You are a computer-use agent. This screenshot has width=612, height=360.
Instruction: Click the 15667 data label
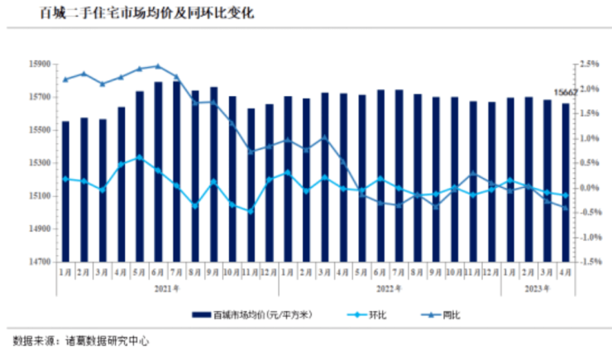pyautogui.click(x=565, y=92)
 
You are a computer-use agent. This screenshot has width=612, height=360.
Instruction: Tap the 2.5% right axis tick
pyautogui.click(x=589, y=64)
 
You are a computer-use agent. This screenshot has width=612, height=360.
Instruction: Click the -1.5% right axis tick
pyautogui.click(x=589, y=262)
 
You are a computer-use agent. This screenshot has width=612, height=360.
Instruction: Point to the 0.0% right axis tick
pyautogui.click(x=589, y=188)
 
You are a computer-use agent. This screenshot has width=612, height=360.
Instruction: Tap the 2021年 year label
pyautogui.click(x=167, y=289)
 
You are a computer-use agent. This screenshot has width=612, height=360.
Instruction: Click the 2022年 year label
pyautogui.click(x=389, y=289)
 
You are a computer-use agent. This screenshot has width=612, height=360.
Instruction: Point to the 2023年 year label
pyautogui.click(x=537, y=289)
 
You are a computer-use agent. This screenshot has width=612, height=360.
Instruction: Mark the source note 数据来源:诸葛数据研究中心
pyautogui.click(x=80, y=340)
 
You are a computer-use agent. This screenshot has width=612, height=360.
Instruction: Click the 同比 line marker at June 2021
pyautogui.click(x=158, y=66)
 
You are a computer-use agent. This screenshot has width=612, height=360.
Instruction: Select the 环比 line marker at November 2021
pyautogui.click(x=251, y=211)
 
